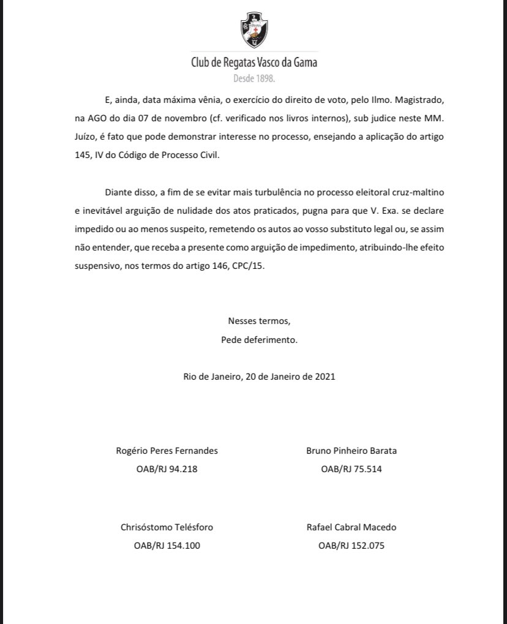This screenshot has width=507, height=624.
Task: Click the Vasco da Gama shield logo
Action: click(x=254, y=31)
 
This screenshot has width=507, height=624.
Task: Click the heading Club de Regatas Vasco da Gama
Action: click(x=254, y=62)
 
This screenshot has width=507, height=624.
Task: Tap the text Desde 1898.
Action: click(x=254, y=78)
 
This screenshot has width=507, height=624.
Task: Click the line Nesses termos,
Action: click(x=259, y=321)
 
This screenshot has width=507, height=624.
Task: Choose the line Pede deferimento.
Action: click(x=259, y=339)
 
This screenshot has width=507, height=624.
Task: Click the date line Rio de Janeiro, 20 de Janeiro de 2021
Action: click(x=259, y=377)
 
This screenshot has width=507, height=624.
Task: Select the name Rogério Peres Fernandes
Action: click(x=167, y=451)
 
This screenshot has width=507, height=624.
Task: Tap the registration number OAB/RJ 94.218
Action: click(x=167, y=470)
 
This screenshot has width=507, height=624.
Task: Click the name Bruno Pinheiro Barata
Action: click(x=351, y=451)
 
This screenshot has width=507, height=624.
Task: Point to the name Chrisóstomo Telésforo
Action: click(x=167, y=527)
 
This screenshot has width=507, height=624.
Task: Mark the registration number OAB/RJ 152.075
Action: click(x=351, y=546)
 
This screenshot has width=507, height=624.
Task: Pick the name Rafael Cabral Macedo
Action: click(x=351, y=527)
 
